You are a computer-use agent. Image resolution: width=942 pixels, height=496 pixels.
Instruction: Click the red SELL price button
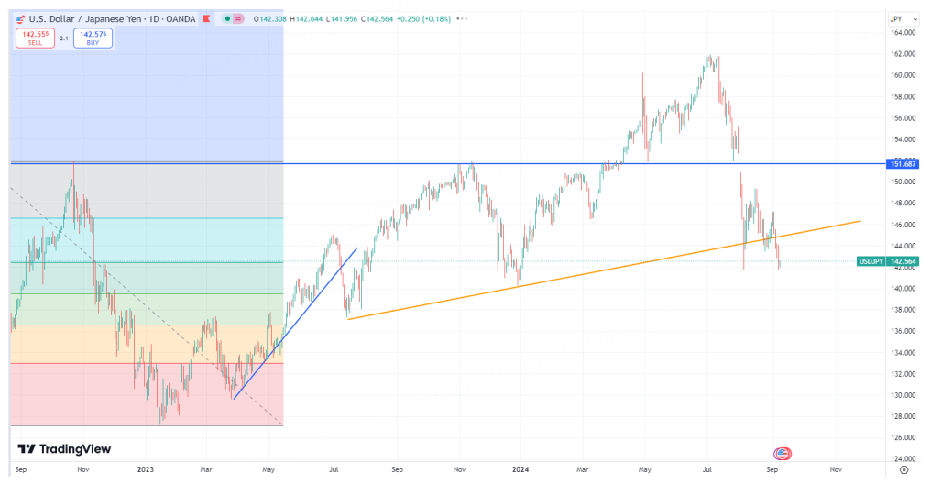(x=35, y=38)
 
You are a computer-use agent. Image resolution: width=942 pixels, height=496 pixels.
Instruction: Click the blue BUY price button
(x=93, y=38)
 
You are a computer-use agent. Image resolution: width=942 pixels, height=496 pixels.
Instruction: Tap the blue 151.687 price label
(x=903, y=164)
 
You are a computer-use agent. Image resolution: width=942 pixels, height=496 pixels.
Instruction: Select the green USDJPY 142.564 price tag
(x=888, y=261)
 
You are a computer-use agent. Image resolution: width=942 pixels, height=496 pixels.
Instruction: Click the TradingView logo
(x=64, y=449)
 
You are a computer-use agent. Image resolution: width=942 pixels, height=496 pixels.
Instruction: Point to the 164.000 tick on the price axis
(x=903, y=33)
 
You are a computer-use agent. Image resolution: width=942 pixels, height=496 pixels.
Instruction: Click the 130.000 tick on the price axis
(x=903, y=395)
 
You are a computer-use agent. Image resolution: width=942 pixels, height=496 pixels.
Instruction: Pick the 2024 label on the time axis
(x=520, y=469)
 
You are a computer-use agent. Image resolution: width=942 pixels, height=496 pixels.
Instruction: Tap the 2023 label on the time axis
(x=146, y=469)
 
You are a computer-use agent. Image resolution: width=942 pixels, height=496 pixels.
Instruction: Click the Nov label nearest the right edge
(x=836, y=469)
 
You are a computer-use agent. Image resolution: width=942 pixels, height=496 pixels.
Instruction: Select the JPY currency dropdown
(x=904, y=19)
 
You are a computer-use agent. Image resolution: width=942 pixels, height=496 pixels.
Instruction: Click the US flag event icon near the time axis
(x=782, y=454)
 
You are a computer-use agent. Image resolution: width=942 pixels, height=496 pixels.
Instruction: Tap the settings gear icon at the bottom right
(x=904, y=470)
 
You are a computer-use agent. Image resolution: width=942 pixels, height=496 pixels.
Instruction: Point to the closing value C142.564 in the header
(x=377, y=19)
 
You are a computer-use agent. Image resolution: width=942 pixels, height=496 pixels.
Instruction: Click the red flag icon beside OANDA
(x=206, y=19)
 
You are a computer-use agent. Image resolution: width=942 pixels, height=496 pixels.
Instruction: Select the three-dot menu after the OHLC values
(x=462, y=19)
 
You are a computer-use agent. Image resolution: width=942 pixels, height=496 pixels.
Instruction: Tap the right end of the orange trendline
(x=860, y=221)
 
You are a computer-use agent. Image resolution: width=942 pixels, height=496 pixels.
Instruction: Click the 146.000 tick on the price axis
(x=903, y=225)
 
